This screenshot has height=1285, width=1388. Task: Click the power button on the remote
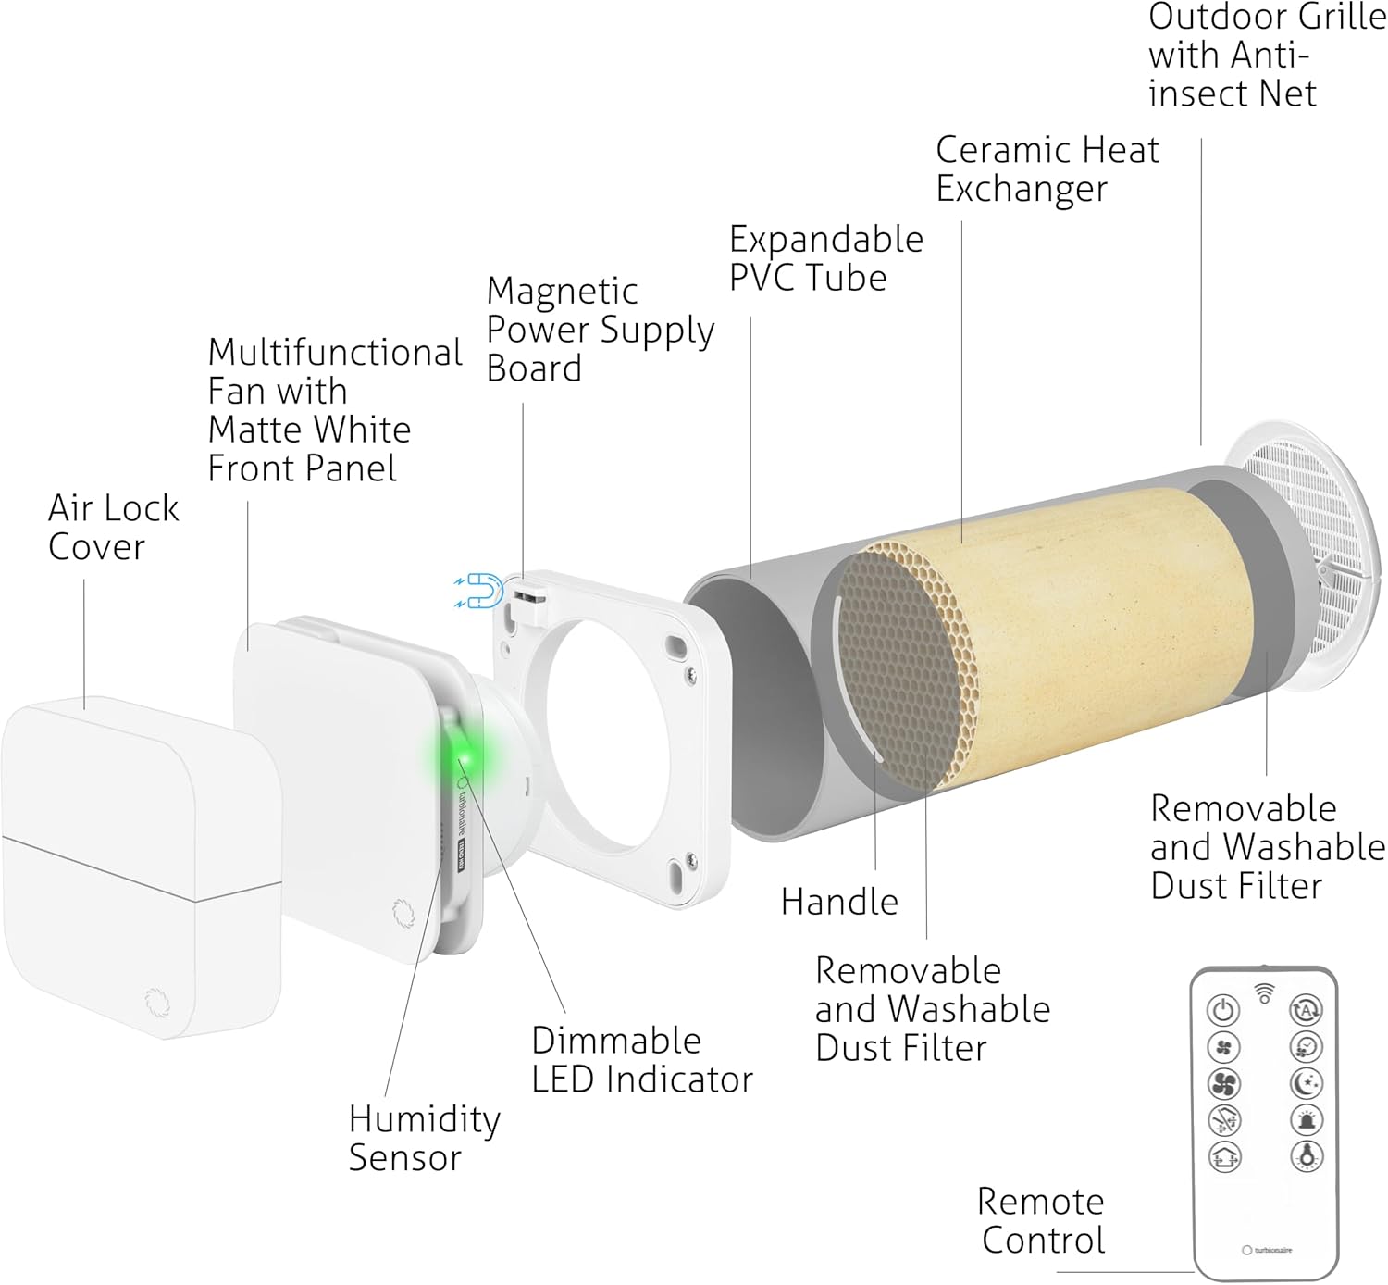(x=1223, y=1009)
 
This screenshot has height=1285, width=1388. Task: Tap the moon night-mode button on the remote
(x=1306, y=1082)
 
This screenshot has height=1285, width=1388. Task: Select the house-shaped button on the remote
(x=1224, y=1155)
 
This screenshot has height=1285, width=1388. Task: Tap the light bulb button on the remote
(x=1306, y=1155)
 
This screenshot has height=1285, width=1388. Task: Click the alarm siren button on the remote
(x=1306, y=1119)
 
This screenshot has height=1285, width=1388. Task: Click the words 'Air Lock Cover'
(x=113, y=527)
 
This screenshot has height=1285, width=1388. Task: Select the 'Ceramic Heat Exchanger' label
(x=1047, y=168)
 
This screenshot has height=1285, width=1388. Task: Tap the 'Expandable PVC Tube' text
(x=825, y=258)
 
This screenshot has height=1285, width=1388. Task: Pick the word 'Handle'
(x=839, y=901)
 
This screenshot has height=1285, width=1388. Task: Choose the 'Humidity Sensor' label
(x=424, y=1138)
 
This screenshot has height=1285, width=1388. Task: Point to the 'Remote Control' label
(x=1041, y=1220)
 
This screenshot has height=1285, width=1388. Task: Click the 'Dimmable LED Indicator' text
(x=641, y=1060)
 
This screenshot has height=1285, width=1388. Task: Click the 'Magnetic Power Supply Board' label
(x=600, y=330)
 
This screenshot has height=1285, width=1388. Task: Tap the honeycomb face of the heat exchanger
(x=907, y=667)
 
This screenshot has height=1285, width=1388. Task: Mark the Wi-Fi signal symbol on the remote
(x=1264, y=993)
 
